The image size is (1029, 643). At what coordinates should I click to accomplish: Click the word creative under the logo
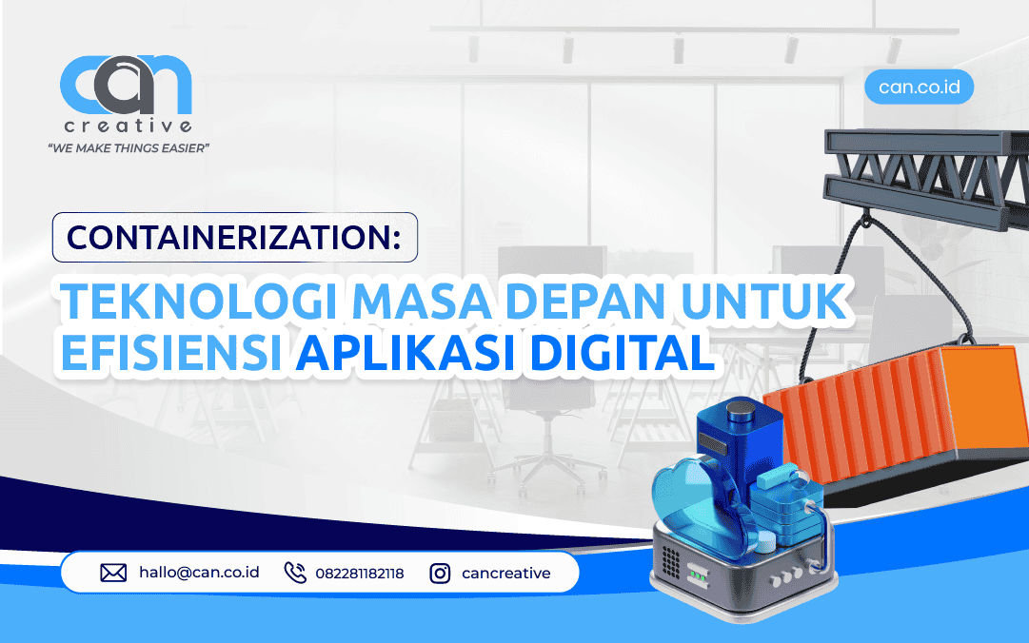click(128, 127)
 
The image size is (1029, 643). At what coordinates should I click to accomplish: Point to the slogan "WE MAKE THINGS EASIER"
click(128, 148)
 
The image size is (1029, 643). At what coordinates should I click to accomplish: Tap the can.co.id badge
click(919, 88)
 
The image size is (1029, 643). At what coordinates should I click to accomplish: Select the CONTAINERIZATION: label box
click(234, 237)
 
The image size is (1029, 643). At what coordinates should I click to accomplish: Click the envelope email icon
click(113, 574)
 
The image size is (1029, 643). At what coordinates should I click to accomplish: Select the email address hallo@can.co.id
click(199, 574)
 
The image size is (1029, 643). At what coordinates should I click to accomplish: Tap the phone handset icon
click(295, 574)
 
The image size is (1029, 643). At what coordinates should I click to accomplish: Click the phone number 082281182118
click(361, 574)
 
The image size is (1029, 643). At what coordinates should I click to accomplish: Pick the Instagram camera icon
click(440, 574)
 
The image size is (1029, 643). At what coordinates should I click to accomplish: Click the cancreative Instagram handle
click(505, 574)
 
